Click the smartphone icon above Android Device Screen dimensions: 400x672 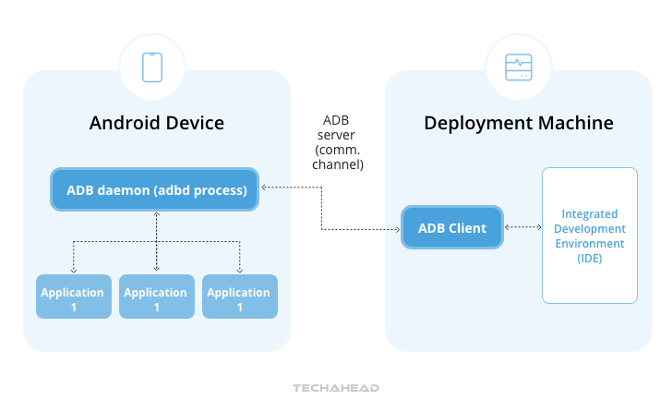coord(152,67)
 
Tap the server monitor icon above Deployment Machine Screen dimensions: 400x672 coord(518,67)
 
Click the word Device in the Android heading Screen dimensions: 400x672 coord(192,124)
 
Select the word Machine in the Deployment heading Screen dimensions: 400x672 coord(579,124)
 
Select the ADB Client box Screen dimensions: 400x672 coord(452,228)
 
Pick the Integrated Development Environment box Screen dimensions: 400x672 coord(589,235)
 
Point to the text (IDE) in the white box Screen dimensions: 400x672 coord(589,258)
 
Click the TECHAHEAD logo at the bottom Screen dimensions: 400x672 coord(336,388)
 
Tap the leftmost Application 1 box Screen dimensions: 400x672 coord(73,297)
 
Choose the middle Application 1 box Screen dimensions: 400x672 coord(156,297)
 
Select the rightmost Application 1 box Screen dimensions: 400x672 coord(239,297)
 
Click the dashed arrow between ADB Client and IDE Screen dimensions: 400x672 coord(522,227)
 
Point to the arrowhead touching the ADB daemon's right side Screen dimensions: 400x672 coord(265,188)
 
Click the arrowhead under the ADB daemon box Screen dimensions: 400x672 coord(156,215)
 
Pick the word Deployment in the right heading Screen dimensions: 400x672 coord(479,124)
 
